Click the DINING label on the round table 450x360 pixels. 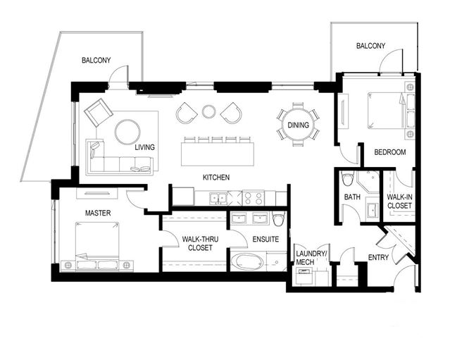[298, 125]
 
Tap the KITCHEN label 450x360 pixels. [216, 178]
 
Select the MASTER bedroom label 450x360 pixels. [98, 213]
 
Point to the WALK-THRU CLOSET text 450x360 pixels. [200, 244]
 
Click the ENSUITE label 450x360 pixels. [265, 239]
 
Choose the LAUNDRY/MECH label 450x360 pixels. [311, 258]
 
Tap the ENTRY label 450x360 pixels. [378, 258]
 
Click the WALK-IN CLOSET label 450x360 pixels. [399, 201]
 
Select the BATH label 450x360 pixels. [352, 197]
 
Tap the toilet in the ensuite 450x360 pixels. [278, 219]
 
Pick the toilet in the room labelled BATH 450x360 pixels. [347, 179]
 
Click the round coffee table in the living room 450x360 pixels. [127, 132]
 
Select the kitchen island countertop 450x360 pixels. [218, 154]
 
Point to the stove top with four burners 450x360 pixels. [254, 198]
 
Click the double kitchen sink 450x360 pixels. [218, 198]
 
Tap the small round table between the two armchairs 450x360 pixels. [208, 111]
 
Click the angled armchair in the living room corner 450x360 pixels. [99, 112]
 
